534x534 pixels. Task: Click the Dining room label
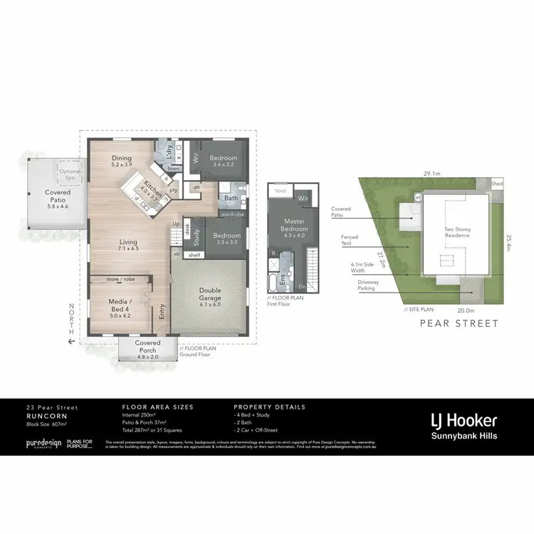point(121,159)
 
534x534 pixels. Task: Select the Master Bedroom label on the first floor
point(293,225)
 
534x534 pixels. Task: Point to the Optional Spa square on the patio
point(70,173)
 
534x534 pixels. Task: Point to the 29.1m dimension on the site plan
point(431,173)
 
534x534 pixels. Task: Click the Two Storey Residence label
point(456,232)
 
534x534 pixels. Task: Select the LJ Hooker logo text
point(463,420)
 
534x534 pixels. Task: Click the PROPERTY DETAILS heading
point(269,407)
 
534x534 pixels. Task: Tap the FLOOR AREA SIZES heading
point(157,407)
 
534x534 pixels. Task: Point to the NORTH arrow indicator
point(70,324)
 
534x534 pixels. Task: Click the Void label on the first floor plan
point(280,191)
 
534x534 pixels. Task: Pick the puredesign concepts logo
point(42,444)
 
